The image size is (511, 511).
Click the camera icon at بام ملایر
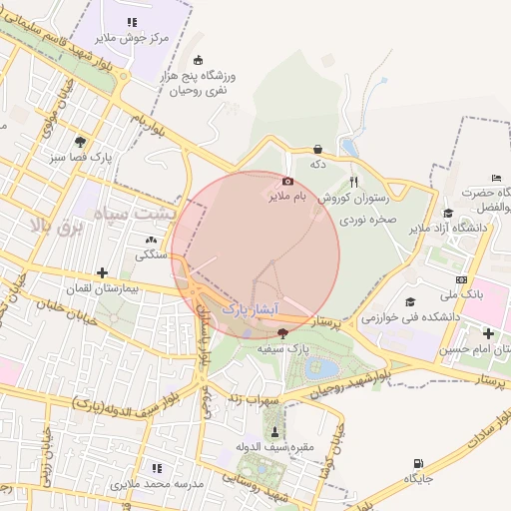click(288, 182)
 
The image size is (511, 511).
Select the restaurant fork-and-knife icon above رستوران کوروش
click(353, 182)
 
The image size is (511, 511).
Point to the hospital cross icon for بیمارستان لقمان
click(102, 272)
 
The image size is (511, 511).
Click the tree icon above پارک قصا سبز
click(79, 142)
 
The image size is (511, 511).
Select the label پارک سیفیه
click(281, 348)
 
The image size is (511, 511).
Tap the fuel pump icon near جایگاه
click(417, 463)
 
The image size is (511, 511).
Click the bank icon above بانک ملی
click(461, 279)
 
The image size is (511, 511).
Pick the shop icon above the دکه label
click(317, 149)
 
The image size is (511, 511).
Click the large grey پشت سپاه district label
click(134, 213)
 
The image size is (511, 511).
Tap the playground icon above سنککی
click(151, 240)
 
